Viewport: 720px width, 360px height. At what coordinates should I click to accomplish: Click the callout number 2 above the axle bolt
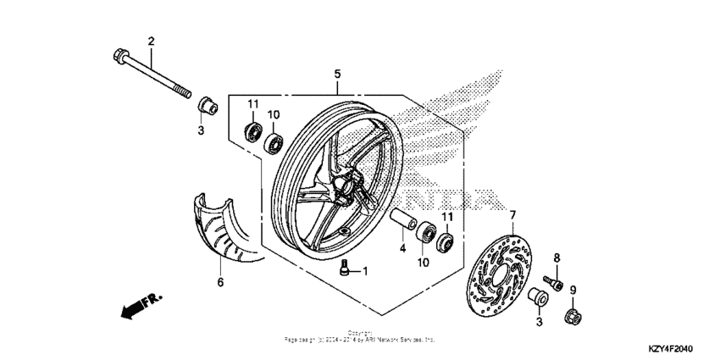point(152,42)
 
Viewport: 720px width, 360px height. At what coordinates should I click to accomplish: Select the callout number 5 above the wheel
point(337,75)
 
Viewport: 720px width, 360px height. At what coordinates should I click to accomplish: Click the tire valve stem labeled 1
point(344,269)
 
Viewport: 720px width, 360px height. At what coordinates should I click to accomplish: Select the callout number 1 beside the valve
point(365,271)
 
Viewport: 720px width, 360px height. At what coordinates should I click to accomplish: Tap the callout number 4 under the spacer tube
point(402,249)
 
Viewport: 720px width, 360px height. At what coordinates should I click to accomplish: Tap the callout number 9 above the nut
point(573,291)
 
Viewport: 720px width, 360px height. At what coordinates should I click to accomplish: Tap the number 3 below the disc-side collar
point(538,323)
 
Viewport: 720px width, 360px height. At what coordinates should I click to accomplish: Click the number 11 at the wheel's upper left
point(252,103)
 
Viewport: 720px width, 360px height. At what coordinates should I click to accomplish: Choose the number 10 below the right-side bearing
point(423,262)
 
